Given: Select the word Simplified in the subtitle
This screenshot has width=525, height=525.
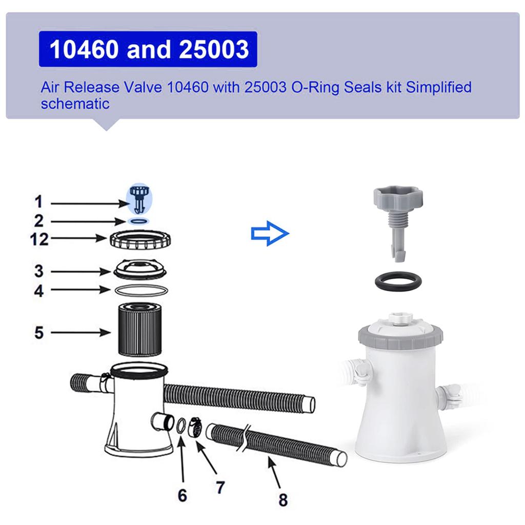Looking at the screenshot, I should [x=438, y=87].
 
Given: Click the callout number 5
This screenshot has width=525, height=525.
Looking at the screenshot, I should [x=39, y=333].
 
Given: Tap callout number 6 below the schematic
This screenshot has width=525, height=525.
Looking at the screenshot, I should [x=183, y=495].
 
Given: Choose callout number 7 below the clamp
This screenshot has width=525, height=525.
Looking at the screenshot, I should [x=220, y=487].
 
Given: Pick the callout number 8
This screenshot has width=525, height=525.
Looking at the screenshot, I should [x=283, y=499].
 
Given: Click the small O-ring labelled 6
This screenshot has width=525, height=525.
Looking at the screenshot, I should [x=181, y=426].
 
